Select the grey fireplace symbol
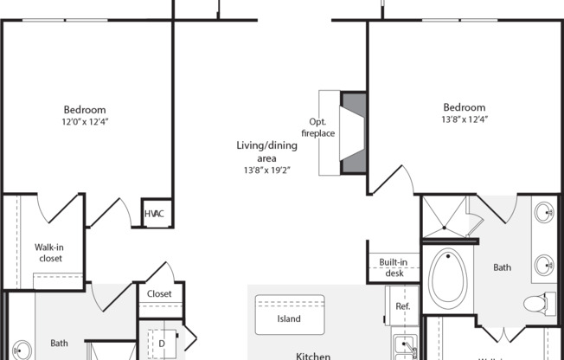(x=354, y=132)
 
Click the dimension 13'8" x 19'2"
(x=263, y=170)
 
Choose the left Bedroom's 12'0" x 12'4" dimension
(x=84, y=122)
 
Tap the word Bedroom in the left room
(x=85, y=110)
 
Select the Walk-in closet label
(x=49, y=252)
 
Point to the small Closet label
(x=159, y=294)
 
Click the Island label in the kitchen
(x=289, y=318)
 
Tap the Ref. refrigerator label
(x=402, y=307)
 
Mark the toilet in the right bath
(x=535, y=305)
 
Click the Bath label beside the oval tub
(x=503, y=268)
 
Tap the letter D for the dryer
(x=161, y=343)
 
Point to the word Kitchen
(x=313, y=355)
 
